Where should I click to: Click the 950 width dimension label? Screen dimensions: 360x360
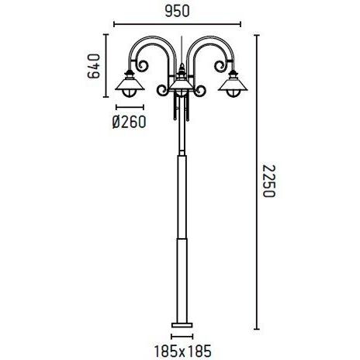pos(180,10)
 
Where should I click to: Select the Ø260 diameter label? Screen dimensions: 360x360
pos(130,123)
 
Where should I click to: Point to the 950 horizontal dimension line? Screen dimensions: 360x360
pos(180,23)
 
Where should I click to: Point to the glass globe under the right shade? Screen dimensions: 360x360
pos(230,94)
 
